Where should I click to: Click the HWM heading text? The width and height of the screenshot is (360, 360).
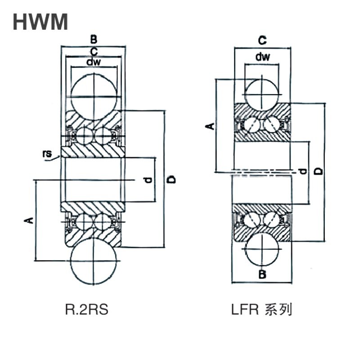click(40, 22)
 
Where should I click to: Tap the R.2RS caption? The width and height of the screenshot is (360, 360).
click(86, 309)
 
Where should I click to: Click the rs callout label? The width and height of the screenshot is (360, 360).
click(47, 153)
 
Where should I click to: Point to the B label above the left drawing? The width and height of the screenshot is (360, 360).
click(94, 39)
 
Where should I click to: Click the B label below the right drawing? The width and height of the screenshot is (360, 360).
click(262, 274)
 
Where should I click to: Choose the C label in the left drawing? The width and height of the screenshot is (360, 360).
click(94, 52)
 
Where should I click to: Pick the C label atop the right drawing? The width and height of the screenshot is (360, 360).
click(262, 40)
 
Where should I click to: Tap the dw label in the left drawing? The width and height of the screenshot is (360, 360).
click(94, 62)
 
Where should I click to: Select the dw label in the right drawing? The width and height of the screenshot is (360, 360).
click(262, 57)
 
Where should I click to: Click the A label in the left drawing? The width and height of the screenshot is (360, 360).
click(29, 220)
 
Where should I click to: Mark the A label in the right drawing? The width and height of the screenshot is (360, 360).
click(210, 126)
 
